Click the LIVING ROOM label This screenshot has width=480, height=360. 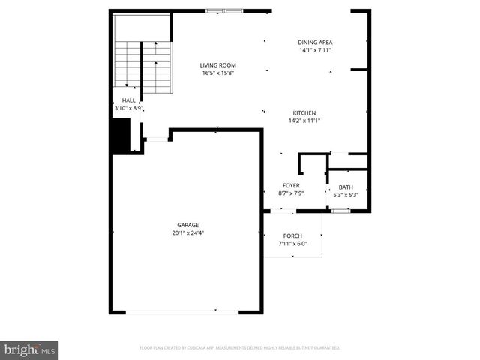coord(217,65)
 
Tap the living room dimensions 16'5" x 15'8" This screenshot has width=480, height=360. coord(217,73)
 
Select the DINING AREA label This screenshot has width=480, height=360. coord(315,43)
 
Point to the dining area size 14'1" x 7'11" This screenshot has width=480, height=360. coord(315,50)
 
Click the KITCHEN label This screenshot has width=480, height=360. coord(304,112)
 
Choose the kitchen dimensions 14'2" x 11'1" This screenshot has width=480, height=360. coord(304,120)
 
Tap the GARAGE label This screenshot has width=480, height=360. coord(187,225)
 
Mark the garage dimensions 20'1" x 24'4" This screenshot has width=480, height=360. coord(187,232)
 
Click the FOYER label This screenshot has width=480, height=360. coord(291,185)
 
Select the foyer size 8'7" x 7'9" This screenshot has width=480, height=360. coord(291,193)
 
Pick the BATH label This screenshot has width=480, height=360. coord(346,187)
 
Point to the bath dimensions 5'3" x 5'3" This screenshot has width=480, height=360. coord(346,195)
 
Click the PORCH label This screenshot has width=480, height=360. coord(292,235)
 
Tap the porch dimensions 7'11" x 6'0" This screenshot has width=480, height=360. coord(292,243)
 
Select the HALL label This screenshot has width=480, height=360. coord(128,100)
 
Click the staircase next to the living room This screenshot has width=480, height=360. coord(142,64)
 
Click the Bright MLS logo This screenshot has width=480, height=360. coord(30,349)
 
